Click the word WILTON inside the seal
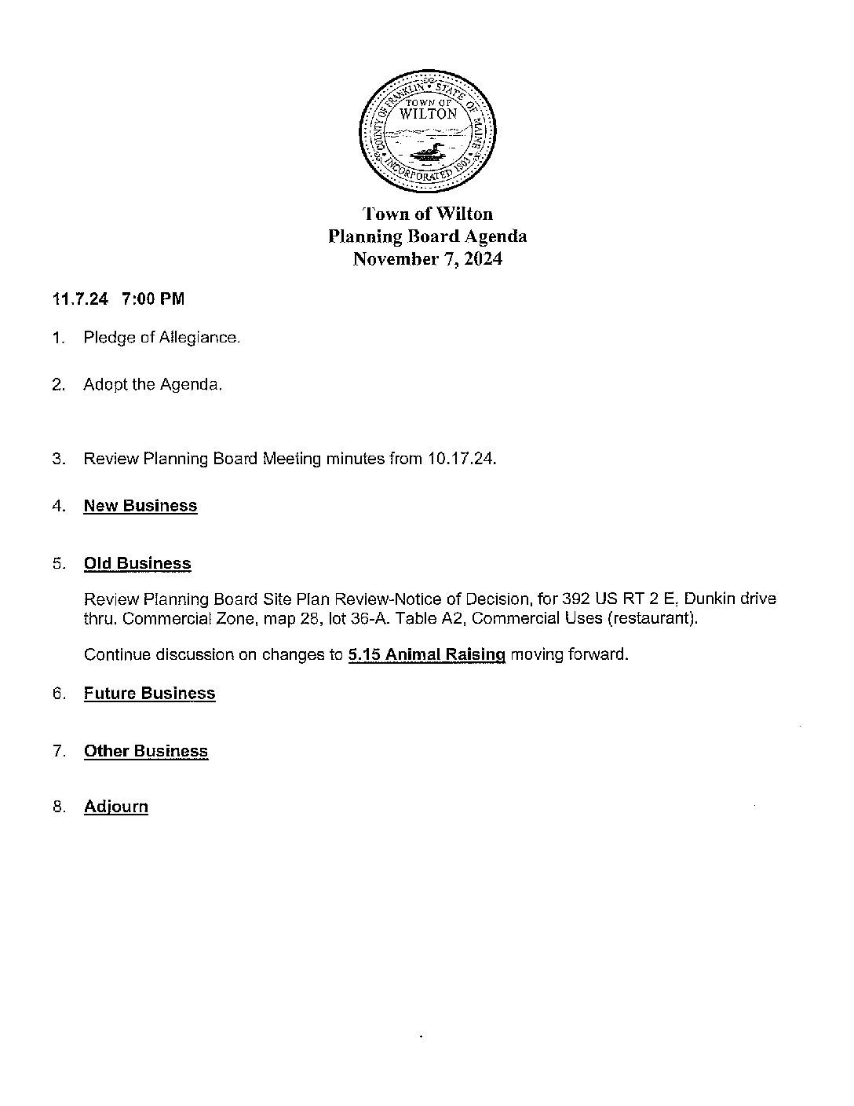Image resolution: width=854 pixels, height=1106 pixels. click(428, 114)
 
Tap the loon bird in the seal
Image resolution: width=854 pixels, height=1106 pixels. click(425, 150)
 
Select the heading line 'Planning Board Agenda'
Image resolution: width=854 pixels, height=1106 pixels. click(427, 236)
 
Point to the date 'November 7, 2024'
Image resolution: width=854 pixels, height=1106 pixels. click(427, 259)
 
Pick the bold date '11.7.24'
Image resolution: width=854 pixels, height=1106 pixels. click(80, 299)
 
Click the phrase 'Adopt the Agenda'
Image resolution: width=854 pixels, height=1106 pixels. click(152, 385)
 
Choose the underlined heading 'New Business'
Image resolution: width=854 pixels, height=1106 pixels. click(141, 506)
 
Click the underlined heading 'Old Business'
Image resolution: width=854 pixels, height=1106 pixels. click(137, 564)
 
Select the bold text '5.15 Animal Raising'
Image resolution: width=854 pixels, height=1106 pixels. click(426, 654)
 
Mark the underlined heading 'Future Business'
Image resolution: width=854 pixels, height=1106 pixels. click(149, 694)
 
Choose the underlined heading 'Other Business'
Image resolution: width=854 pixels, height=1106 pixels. click(146, 752)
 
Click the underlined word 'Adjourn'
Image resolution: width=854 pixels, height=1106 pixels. click(116, 808)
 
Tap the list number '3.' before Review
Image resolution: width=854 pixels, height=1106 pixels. click(58, 459)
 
